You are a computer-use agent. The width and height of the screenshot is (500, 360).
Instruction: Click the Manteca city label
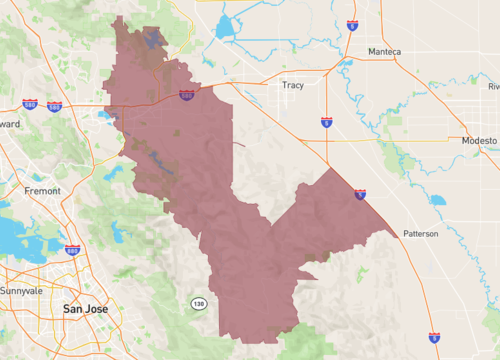tap(384, 51)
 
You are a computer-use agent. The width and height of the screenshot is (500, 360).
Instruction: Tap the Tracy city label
tap(293, 85)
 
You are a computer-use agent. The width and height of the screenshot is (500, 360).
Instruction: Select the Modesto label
tap(479, 141)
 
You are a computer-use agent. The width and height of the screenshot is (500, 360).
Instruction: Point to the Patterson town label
tap(421, 234)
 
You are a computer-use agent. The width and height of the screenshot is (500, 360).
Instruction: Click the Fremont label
tap(42, 188)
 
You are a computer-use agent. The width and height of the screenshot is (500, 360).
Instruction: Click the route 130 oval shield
tap(199, 302)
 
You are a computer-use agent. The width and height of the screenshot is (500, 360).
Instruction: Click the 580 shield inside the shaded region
tap(187, 95)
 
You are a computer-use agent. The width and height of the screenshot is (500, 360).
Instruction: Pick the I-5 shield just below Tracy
tap(327, 122)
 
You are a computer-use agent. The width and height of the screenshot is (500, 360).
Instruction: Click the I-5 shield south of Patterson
tap(433, 339)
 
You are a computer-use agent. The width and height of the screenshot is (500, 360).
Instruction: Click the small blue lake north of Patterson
tap(437, 200)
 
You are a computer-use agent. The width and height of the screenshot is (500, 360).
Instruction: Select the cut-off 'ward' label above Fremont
tap(9, 124)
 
